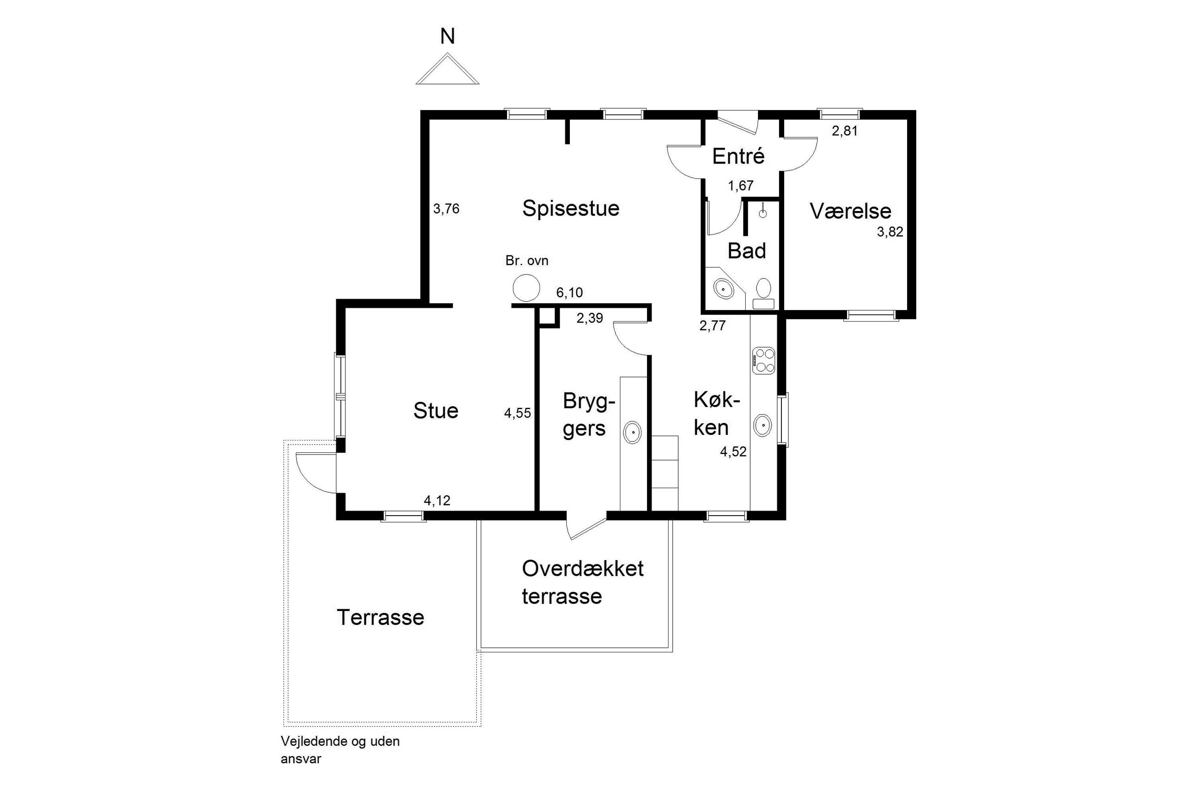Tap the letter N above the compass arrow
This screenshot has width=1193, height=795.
pyautogui.click(x=447, y=37)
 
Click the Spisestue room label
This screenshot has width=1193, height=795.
pyautogui.click(x=570, y=208)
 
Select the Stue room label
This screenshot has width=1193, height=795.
pyautogui.click(x=435, y=410)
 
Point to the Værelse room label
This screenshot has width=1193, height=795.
pyautogui.click(x=850, y=211)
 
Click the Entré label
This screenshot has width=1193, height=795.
pyautogui.click(x=738, y=156)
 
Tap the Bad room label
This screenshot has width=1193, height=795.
pyautogui.click(x=747, y=250)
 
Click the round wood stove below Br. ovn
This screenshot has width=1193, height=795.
pyautogui.click(x=526, y=288)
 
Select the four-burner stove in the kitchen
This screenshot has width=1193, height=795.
pyautogui.click(x=763, y=361)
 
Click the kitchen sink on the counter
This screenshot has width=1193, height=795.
pyautogui.click(x=762, y=425)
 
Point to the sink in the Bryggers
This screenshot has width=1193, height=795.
pyautogui.click(x=632, y=433)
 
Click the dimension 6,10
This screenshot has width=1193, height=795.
pyautogui.click(x=569, y=293)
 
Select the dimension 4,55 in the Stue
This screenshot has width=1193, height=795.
pyautogui.click(x=517, y=413)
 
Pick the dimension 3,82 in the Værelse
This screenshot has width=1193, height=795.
pyautogui.click(x=890, y=232)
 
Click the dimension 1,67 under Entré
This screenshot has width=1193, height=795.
pyautogui.click(x=741, y=186)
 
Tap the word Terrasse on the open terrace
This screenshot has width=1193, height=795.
pyautogui.click(x=380, y=617)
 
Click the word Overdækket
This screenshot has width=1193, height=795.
pyautogui.click(x=583, y=568)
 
